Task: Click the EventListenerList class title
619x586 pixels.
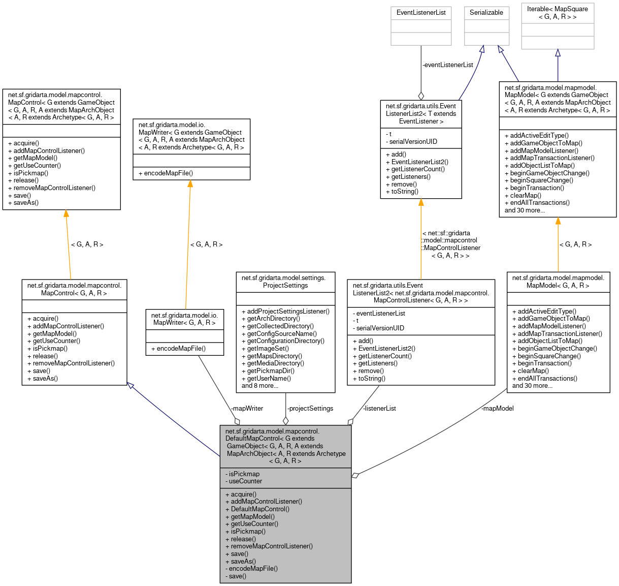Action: tap(420, 13)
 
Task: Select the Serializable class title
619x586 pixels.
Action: tap(486, 13)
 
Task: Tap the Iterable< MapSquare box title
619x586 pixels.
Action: tap(557, 13)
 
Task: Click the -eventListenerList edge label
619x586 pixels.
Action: tap(448, 65)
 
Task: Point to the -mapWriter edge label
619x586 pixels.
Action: tap(247, 409)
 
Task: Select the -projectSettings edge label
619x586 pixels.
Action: tap(310, 409)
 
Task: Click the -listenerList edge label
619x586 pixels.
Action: tap(379, 409)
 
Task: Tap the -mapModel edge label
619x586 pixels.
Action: tap(498, 409)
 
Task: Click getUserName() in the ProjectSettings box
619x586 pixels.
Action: tap(269, 379)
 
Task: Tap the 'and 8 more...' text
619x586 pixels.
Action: tap(260, 386)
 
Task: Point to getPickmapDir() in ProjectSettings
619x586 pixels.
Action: tap(271, 371)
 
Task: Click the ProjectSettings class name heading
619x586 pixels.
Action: tap(285, 282)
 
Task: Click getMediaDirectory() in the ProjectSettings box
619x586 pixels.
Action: tap(275, 363)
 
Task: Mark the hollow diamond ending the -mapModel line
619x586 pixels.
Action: tap(355, 475)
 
